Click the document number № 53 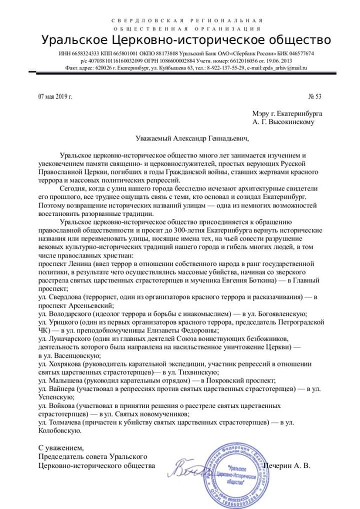pyautogui.click(x=315, y=96)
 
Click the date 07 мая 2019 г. pyautogui.click(x=55, y=96)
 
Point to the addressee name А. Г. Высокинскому pyautogui.click(x=283, y=121)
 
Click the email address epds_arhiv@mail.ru pyautogui.click(x=284, y=67)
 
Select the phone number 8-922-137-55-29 pyautogui.click(x=227, y=67)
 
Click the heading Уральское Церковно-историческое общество pyautogui.click(x=186, y=40)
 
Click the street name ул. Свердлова pyautogui.click(x=60, y=296)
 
